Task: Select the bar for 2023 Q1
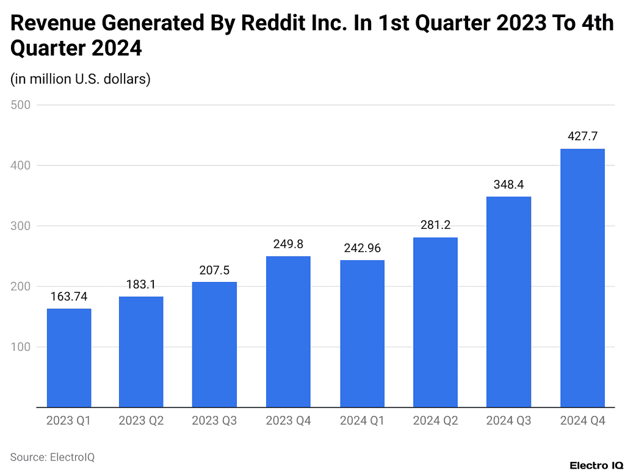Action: pyautogui.click(x=69, y=358)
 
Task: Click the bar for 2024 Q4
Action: pyautogui.click(x=582, y=278)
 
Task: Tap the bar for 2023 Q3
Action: pyautogui.click(x=214, y=344)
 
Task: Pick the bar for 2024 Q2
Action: pyautogui.click(x=435, y=322)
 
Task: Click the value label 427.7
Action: pyautogui.click(x=582, y=137)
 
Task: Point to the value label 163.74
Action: pyautogui.click(x=69, y=297)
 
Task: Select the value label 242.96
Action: pyautogui.click(x=362, y=248)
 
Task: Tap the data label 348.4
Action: pyautogui.click(x=509, y=185)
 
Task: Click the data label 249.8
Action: pyautogui.click(x=288, y=244)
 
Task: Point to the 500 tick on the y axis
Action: pyautogui.click(x=21, y=105)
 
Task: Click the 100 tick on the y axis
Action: pyautogui.click(x=21, y=347)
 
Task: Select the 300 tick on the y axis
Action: pyautogui.click(x=21, y=226)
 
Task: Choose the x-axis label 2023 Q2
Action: pyautogui.click(x=141, y=421)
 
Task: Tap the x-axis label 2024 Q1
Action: pyautogui.click(x=362, y=421)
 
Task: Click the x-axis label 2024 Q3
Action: pyautogui.click(x=509, y=421)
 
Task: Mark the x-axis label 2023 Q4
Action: pyautogui.click(x=288, y=421)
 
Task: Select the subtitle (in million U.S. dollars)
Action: pyautogui.click(x=80, y=79)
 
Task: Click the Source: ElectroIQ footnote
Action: pyautogui.click(x=52, y=457)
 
